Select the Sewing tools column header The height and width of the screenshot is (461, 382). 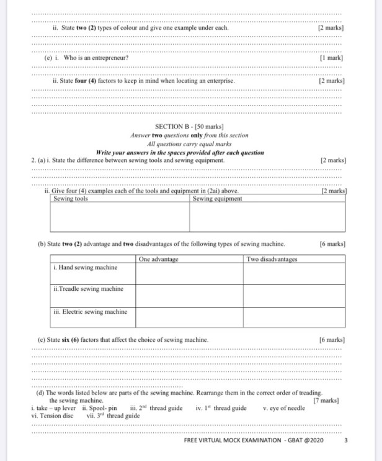(71, 199)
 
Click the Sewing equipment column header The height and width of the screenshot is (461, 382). (218, 199)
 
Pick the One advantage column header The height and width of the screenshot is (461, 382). (159, 259)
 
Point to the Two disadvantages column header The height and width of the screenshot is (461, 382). (272, 259)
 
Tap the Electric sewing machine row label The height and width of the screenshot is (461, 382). (91, 312)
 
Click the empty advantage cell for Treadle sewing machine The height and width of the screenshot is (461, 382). (189, 295)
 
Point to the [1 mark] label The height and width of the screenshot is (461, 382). (331, 58)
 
